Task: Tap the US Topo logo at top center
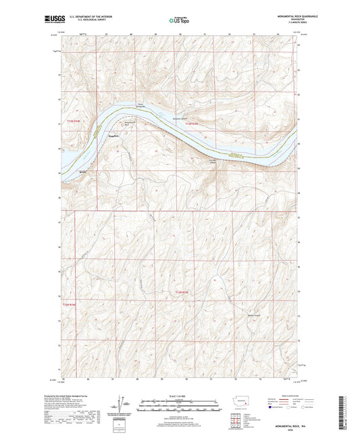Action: point(179,20)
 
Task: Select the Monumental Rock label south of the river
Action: point(128,123)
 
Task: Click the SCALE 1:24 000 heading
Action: point(179,396)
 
